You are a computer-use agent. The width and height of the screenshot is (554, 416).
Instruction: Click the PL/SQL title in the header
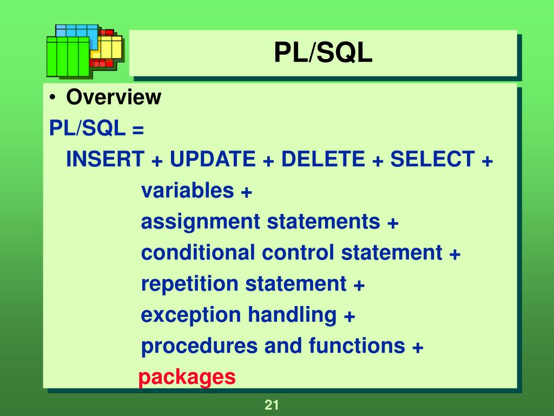(323, 53)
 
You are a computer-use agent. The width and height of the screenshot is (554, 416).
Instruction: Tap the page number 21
(271, 405)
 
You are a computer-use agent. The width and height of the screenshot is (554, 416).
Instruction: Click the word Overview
(114, 97)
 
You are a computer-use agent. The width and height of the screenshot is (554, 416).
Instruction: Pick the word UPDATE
(212, 160)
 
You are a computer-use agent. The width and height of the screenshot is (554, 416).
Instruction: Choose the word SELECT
(432, 160)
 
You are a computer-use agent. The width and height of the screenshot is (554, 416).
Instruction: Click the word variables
(188, 191)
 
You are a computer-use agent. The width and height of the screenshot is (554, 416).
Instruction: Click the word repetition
(189, 284)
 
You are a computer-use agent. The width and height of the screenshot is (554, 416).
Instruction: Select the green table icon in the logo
(68, 57)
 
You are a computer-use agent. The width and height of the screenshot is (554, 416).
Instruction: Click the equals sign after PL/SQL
(137, 129)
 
